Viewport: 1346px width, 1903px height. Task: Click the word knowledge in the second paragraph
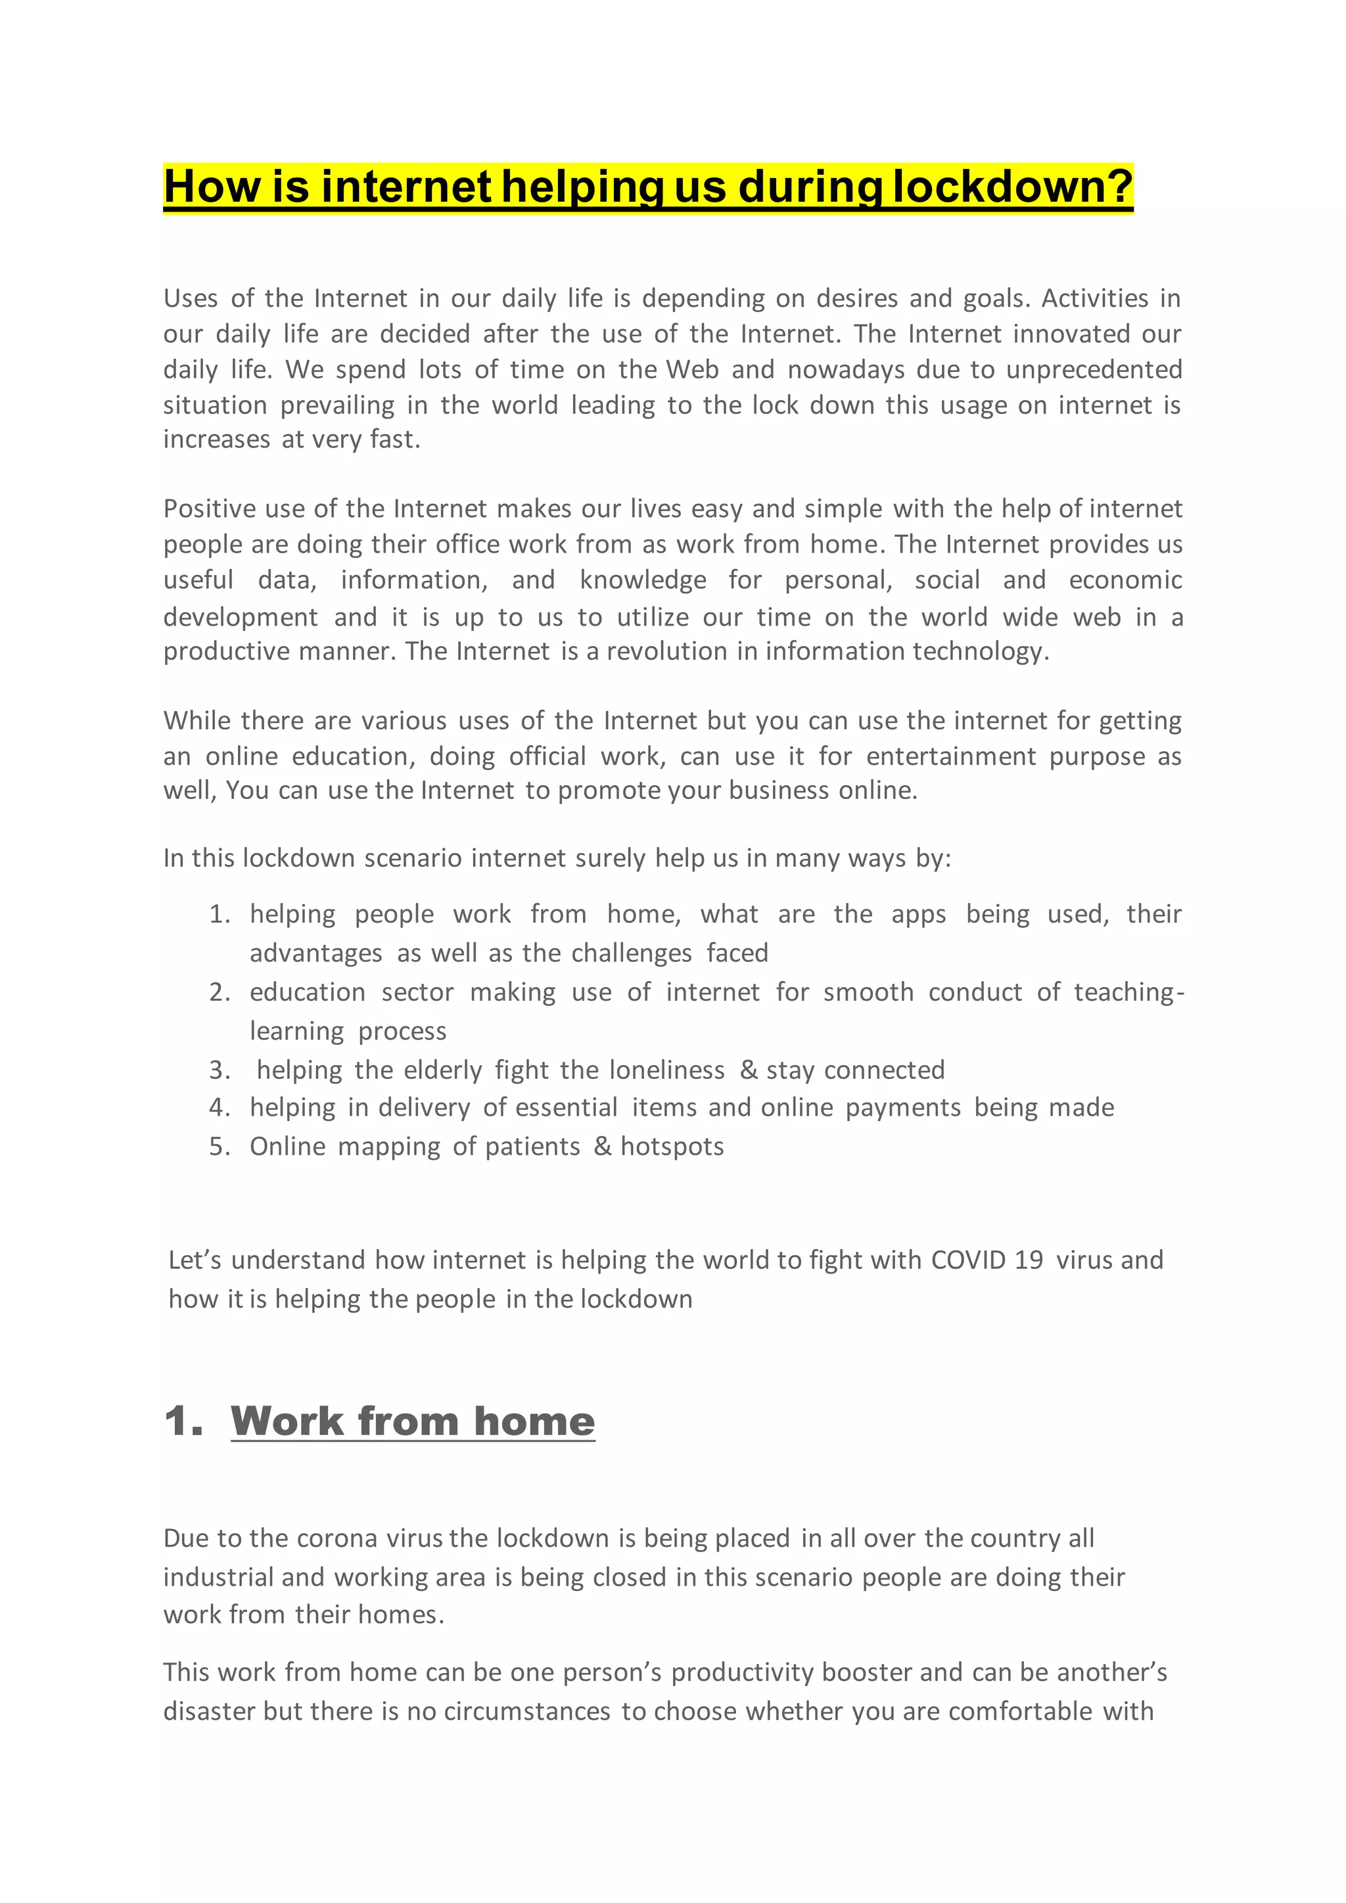tap(643, 580)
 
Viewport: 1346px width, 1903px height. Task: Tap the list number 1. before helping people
tap(220, 914)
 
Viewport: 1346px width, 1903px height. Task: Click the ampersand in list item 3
tap(749, 1070)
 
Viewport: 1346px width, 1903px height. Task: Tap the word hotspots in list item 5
tap(672, 1147)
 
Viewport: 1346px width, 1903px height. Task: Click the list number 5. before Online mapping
tap(220, 1147)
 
